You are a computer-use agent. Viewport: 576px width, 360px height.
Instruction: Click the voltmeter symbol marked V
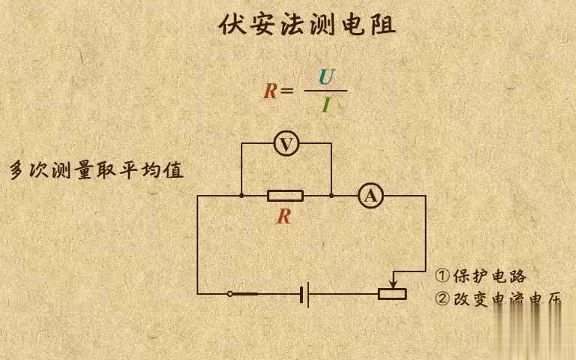pyautogui.click(x=286, y=143)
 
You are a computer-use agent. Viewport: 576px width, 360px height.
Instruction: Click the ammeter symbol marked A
pyautogui.click(x=369, y=196)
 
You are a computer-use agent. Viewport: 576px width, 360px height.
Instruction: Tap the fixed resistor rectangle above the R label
pyautogui.click(x=285, y=196)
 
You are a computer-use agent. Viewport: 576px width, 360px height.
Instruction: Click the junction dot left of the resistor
pyautogui.click(x=241, y=196)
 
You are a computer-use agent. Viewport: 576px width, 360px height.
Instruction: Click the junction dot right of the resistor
pyautogui.click(x=331, y=196)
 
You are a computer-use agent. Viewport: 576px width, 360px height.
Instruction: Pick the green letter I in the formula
pyautogui.click(x=325, y=105)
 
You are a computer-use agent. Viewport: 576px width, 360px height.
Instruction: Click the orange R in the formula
pyautogui.click(x=270, y=91)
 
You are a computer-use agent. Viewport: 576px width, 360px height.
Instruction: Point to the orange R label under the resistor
pyautogui.click(x=283, y=217)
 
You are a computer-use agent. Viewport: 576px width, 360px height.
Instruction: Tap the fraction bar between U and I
pyautogui.click(x=325, y=91)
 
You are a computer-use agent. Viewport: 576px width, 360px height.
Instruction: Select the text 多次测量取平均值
pyautogui.click(x=96, y=170)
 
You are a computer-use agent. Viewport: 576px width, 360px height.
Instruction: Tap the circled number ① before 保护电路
pyautogui.click(x=442, y=275)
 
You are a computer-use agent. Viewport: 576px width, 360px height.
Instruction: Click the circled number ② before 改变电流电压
pyautogui.click(x=442, y=298)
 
